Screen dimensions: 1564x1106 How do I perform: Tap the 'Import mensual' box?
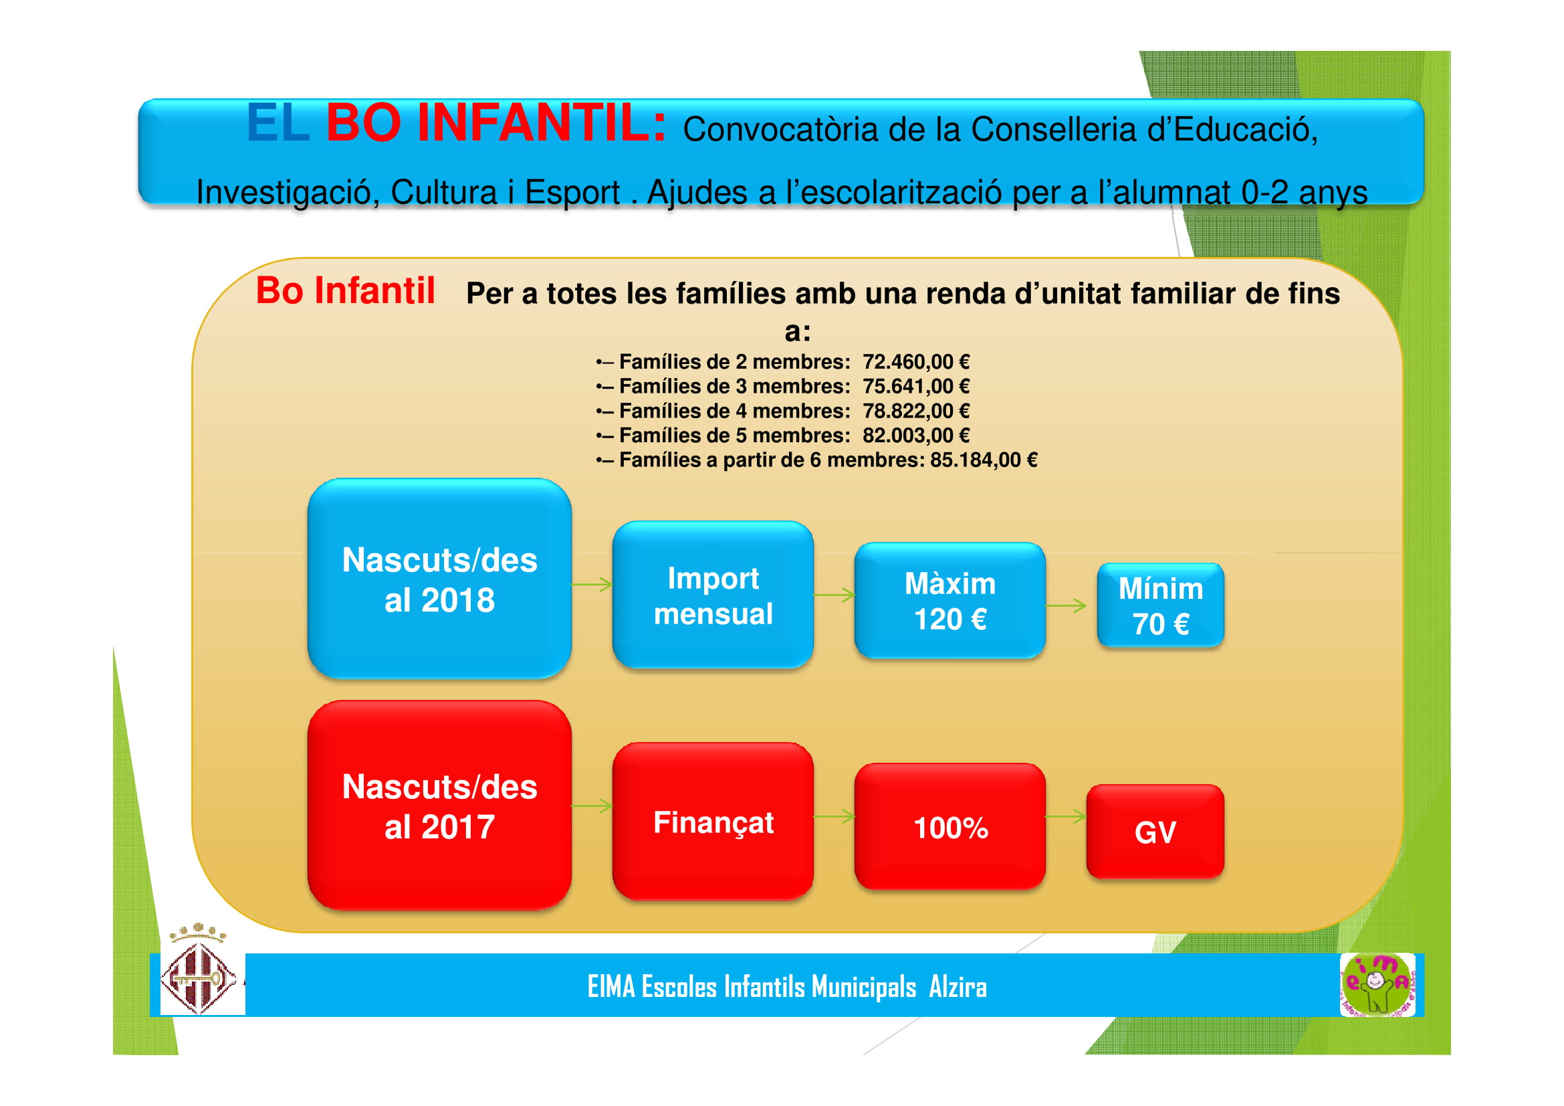pyautogui.click(x=713, y=594)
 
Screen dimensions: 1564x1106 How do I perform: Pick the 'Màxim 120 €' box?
pyautogui.click(x=949, y=600)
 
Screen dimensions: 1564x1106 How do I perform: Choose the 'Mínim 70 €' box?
pyautogui.click(x=1160, y=604)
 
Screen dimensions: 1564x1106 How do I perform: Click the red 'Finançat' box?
pyautogui.click(x=713, y=820)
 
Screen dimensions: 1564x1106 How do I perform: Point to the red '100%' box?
pyautogui.click(x=949, y=826)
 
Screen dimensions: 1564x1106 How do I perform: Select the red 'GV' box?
pyautogui.click(x=1155, y=831)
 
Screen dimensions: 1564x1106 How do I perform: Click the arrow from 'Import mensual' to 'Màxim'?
pyautogui.click(x=834, y=595)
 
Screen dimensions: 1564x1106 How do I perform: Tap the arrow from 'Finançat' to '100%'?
pyautogui.click(x=834, y=816)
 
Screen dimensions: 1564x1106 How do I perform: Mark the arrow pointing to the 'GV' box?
pyautogui.click(x=1066, y=816)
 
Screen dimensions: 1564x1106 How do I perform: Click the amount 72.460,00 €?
pyautogui.click(x=915, y=361)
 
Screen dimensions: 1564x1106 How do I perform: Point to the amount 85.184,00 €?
pyautogui.click(x=984, y=460)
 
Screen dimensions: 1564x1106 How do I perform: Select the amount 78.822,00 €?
pyautogui.click(x=915, y=411)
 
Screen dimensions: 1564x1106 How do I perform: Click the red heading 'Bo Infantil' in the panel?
pyautogui.click(x=345, y=291)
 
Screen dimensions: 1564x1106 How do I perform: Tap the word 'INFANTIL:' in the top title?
pyautogui.click(x=542, y=122)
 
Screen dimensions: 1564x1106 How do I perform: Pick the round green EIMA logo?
pyautogui.click(x=1377, y=985)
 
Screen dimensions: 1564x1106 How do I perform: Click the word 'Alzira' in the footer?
pyautogui.click(x=958, y=986)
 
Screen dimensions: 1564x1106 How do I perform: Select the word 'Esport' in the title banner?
pyautogui.click(x=572, y=192)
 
